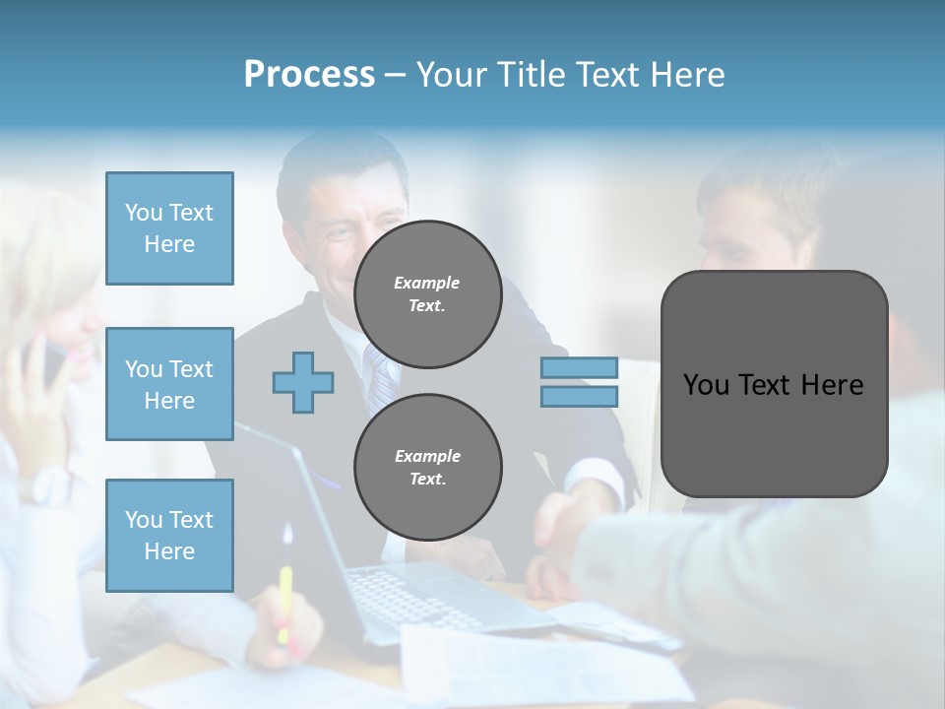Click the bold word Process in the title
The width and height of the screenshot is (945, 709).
[309, 74]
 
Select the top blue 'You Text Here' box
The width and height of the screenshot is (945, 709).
[169, 228]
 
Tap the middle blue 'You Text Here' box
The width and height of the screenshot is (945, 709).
[169, 384]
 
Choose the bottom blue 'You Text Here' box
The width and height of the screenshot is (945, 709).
[169, 535]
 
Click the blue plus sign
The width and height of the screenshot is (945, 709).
[303, 382]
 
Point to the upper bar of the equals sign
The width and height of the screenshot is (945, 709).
[579, 367]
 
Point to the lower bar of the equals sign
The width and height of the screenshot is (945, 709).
[579, 396]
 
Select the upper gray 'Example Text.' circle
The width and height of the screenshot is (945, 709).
[428, 294]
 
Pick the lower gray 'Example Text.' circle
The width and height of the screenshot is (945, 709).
[428, 468]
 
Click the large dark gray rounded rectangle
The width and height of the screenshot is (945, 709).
[774, 384]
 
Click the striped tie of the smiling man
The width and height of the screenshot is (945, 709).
[379, 379]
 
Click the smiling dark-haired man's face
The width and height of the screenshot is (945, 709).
[345, 222]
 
